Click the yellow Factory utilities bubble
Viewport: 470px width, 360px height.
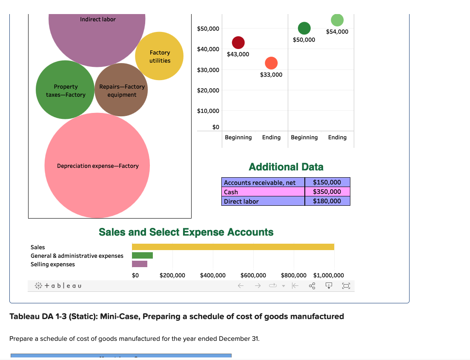tap(160, 56)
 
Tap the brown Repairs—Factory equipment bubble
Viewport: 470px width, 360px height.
tap(121, 90)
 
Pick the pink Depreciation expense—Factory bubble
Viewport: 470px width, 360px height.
tap(97, 166)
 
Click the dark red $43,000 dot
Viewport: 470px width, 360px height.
tap(238, 43)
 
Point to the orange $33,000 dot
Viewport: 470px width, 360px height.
tap(271, 63)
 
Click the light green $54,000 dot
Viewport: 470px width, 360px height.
tap(337, 20)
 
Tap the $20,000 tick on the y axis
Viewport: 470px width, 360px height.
tap(208, 90)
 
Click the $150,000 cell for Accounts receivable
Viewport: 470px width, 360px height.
tap(327, 182)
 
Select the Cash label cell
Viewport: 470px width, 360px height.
tap(263, 192)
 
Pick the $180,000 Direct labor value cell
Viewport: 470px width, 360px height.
tap(327, 201)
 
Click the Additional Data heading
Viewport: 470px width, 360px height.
tap(286, 167)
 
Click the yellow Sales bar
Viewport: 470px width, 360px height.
tap(233, 247)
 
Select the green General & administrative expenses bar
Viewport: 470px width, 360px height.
tap(142, 255)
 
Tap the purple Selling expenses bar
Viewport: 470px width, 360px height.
tap(140, 264)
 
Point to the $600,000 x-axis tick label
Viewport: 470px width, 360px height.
tap(253, 275)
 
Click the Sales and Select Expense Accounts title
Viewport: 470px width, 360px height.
tap(186, 232)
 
